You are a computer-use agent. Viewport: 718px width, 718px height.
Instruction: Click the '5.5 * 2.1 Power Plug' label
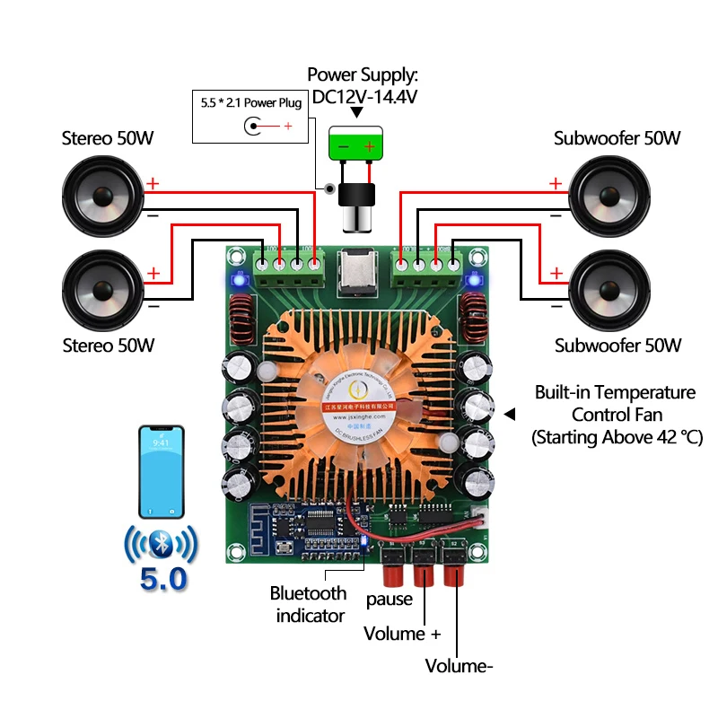(250, 102)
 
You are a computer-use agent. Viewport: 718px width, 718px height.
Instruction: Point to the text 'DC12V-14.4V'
(363, 95)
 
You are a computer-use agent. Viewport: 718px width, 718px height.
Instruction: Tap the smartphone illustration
(162, 471)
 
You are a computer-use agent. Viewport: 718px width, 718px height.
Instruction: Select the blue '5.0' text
(163, 579)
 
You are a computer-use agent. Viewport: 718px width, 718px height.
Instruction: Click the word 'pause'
(390, 599)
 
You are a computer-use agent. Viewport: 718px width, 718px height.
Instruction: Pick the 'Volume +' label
(402, 634)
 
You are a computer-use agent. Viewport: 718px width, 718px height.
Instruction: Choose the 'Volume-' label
(460, 666)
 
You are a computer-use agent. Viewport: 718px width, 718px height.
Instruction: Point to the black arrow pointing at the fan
(510, 414)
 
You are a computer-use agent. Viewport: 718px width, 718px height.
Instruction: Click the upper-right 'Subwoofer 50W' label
(617, 138)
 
